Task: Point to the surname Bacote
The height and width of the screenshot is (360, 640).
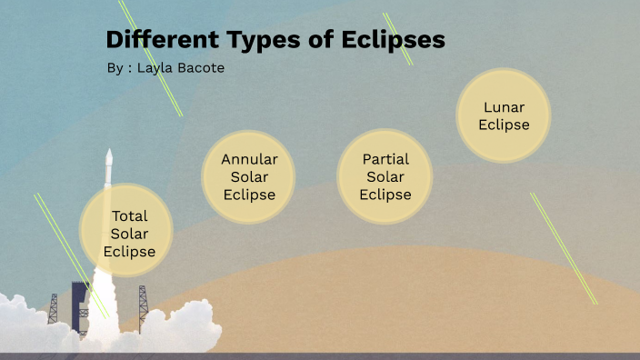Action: pos(201,68)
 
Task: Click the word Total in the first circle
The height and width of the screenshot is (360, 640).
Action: pos(129,216)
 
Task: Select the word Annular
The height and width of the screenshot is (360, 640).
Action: pos(249,159)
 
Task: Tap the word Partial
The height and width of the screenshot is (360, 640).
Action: pos(385,159)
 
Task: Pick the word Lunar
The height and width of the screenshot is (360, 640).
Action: pos(504,107)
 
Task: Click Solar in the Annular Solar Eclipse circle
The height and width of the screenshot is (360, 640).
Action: pos(249,177)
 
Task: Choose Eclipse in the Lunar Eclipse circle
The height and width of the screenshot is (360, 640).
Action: pos(504,125)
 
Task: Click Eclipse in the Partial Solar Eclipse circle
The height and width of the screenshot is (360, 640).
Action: pos(385,195)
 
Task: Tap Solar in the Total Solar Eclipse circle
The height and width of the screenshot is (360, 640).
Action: pos(129,234)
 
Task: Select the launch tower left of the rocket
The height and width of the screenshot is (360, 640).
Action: pos(53,309)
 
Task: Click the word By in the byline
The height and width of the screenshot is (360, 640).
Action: pos(114,68)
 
